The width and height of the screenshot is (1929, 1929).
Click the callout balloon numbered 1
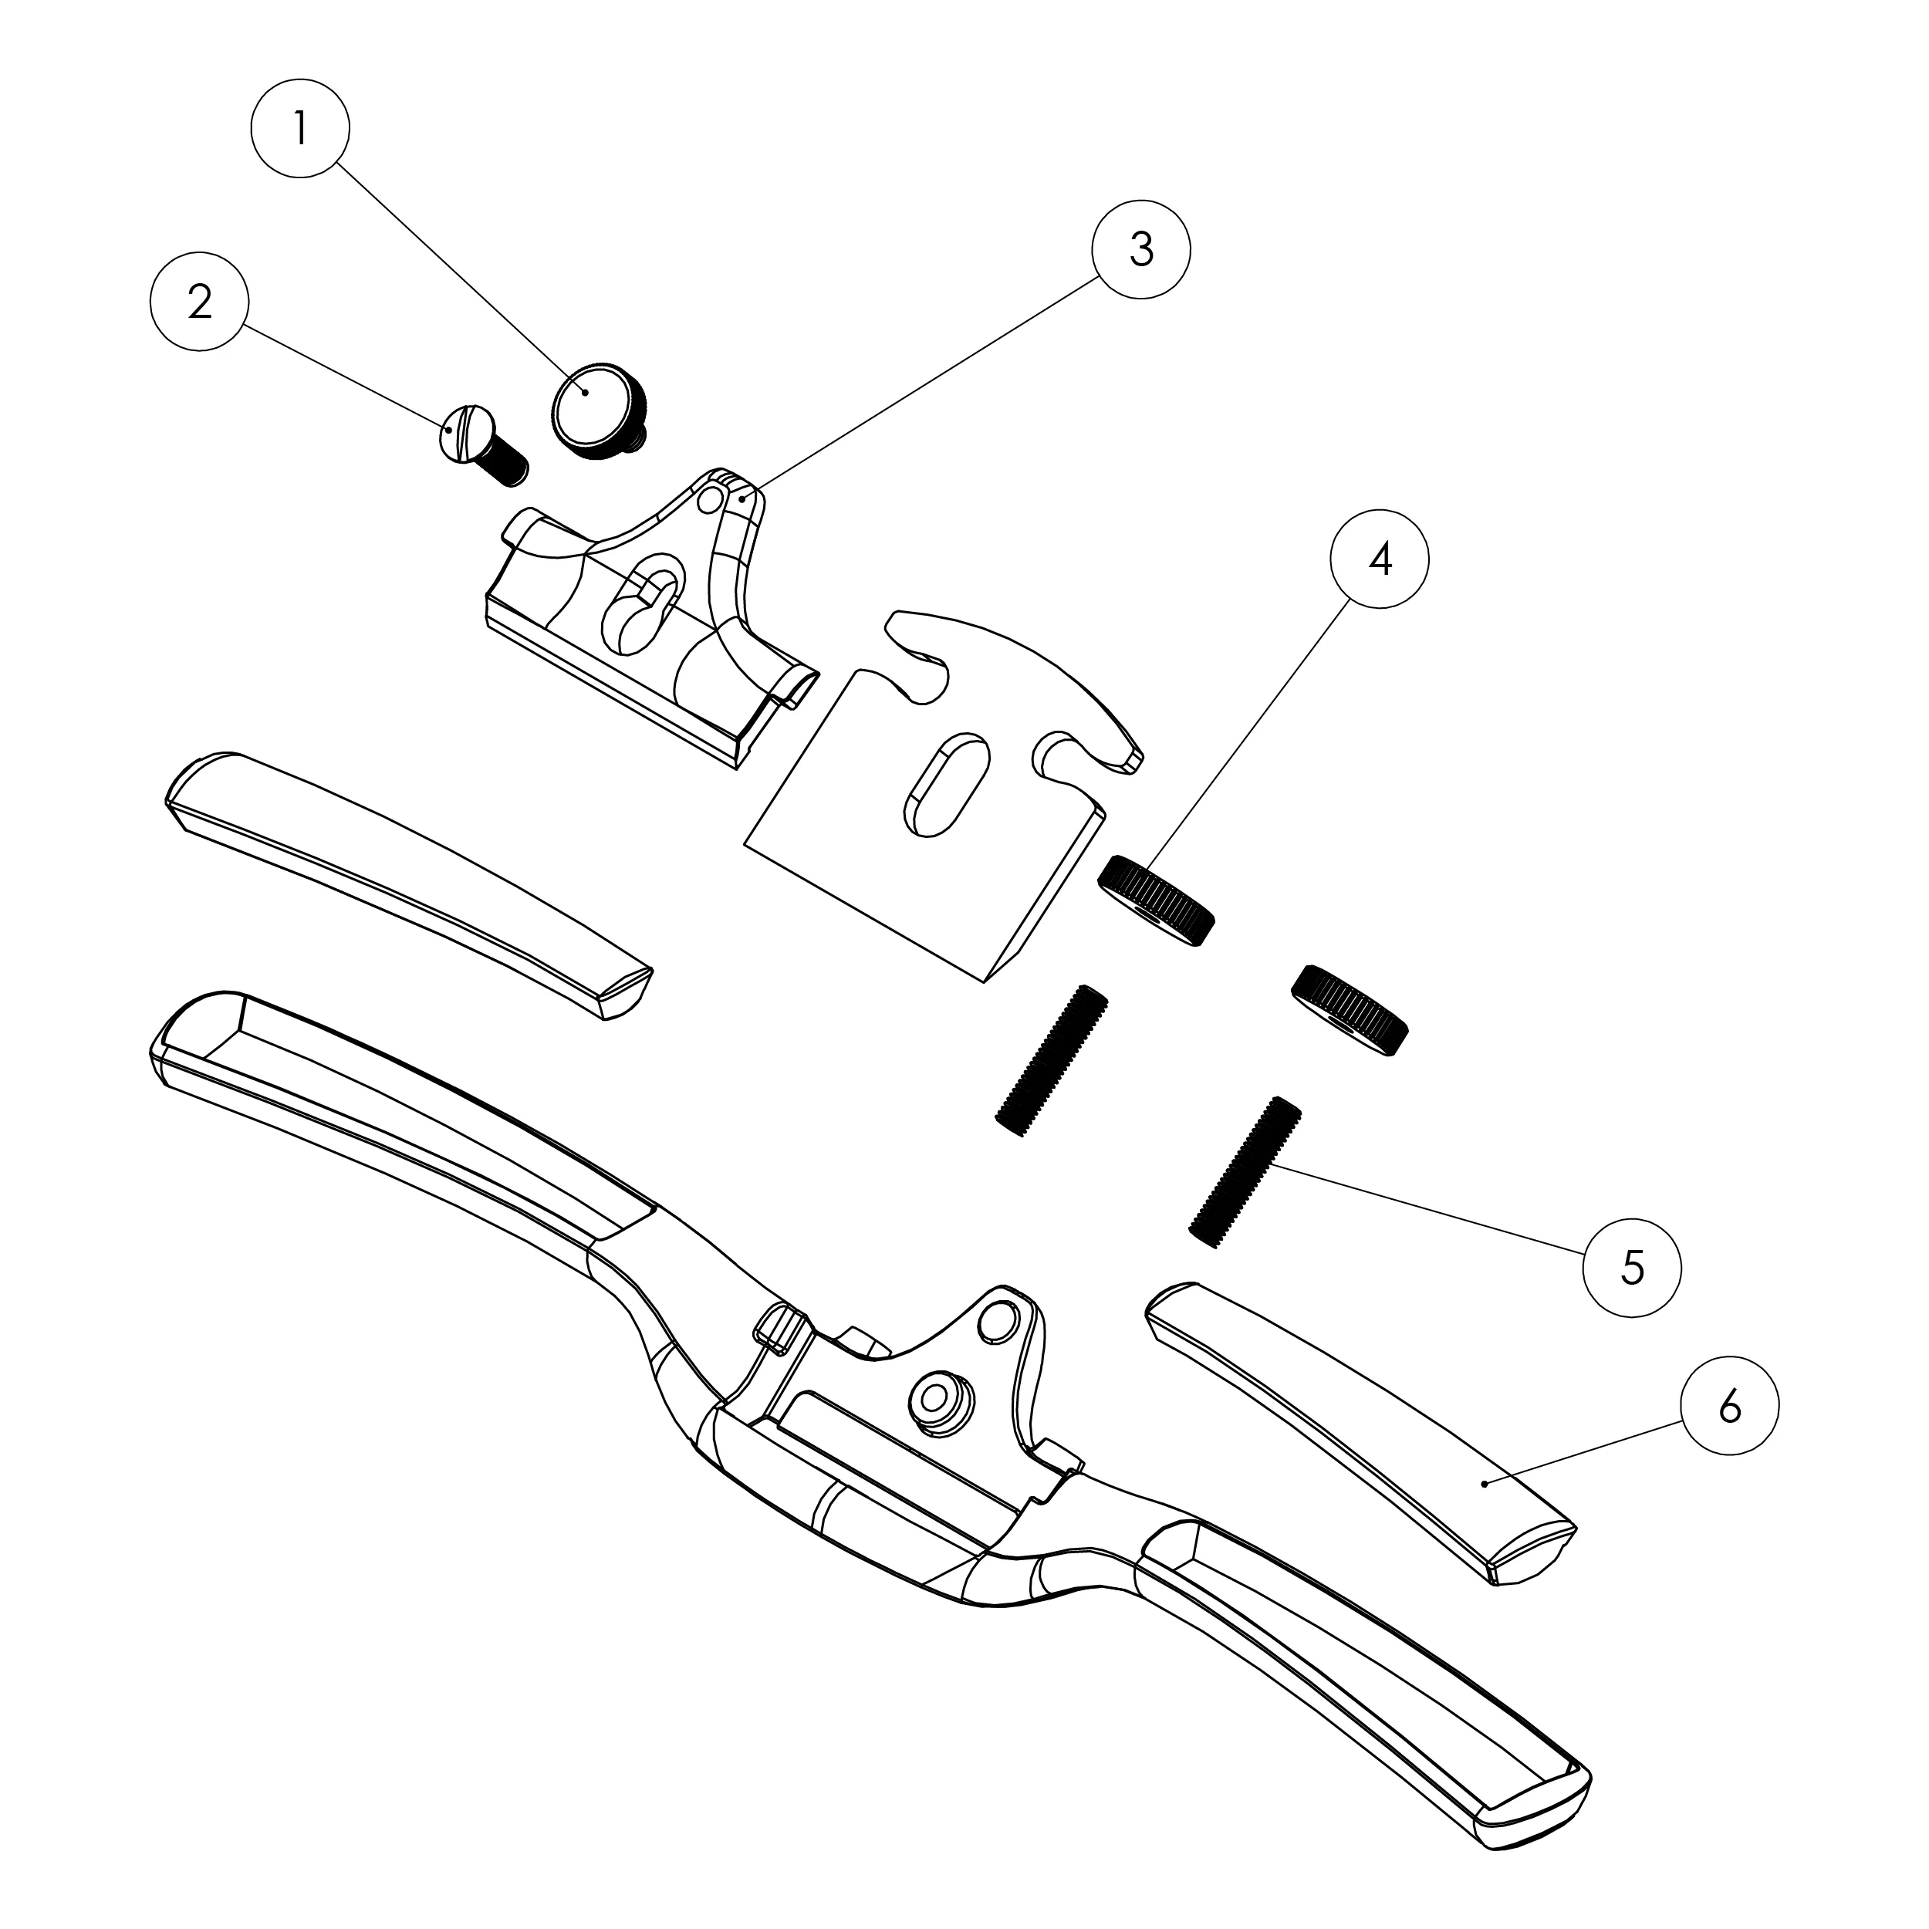[x=299, y=129]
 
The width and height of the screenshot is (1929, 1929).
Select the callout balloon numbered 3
[x=1141, y=248]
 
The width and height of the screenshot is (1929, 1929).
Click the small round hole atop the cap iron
[x=711, y=496]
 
